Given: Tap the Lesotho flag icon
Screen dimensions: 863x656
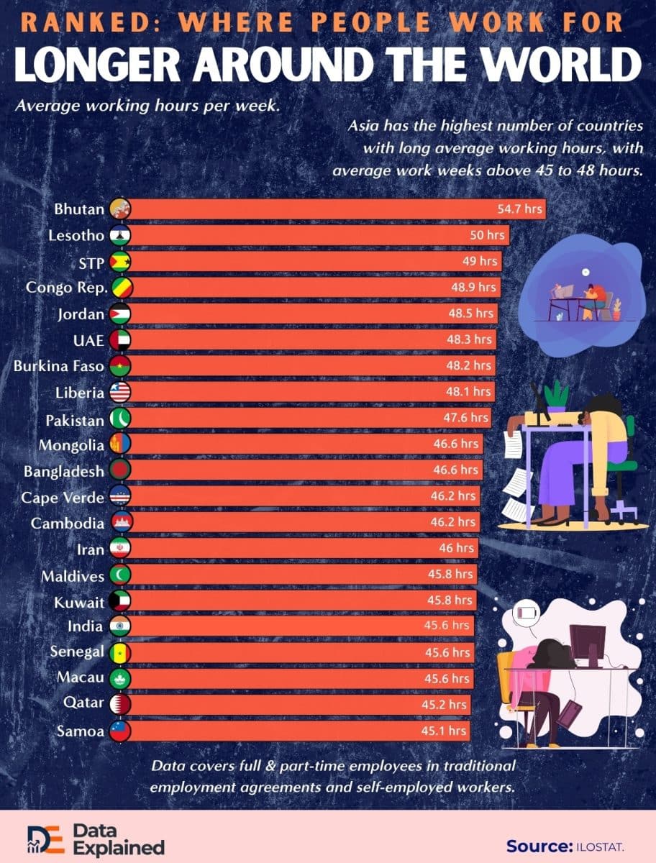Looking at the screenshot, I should click(120, 235).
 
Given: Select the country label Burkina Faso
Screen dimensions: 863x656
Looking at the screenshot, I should click(59, 366).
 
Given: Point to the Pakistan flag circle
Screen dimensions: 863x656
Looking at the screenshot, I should click(120, 418).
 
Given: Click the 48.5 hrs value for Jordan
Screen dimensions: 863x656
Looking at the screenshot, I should click(473, 314).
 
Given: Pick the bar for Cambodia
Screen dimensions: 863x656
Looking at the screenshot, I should click(302, 522).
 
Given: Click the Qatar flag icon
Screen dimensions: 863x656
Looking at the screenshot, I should click(120, 704).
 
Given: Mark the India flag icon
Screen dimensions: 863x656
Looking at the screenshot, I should click(120, 626).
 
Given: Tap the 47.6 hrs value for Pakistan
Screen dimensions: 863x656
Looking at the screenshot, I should click(466, 418).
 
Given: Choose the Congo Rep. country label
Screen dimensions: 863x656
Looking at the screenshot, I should click(67, 288).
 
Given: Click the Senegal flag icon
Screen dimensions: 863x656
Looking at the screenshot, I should click(120, 652).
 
